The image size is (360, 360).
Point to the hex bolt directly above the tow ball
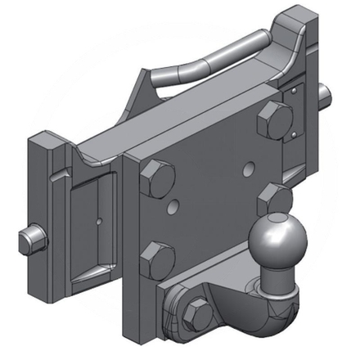[272, 198]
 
